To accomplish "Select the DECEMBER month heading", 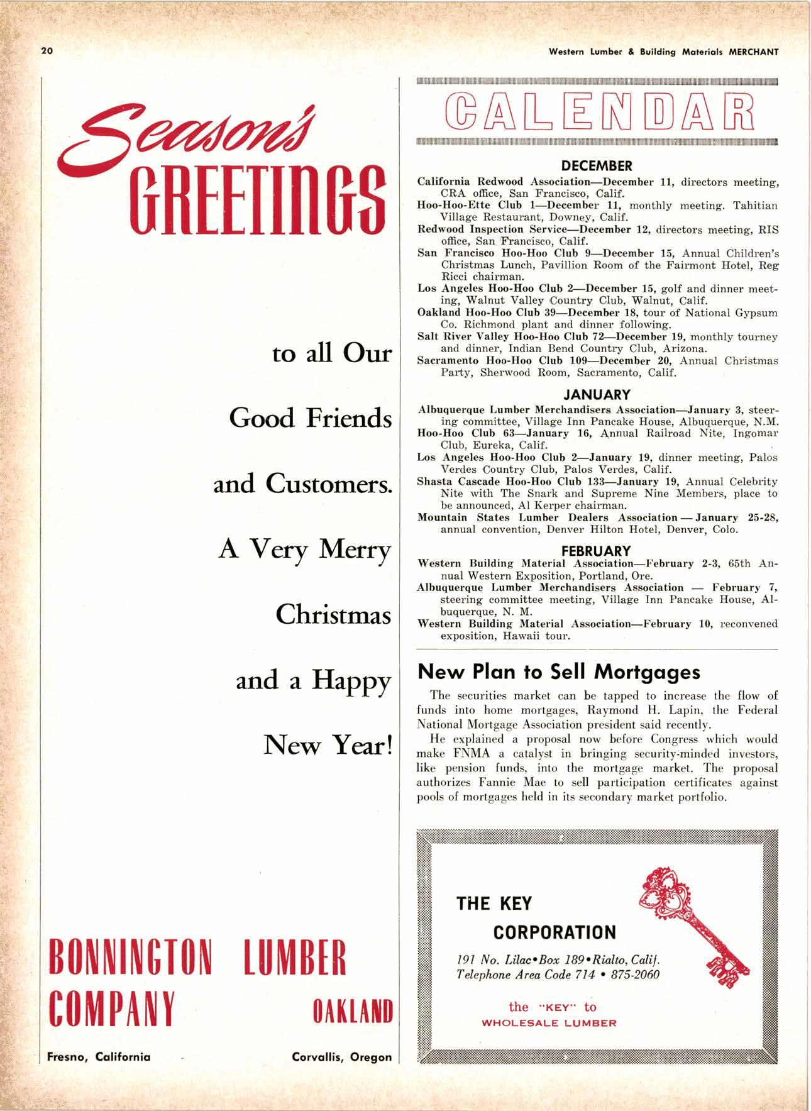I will (597, 167).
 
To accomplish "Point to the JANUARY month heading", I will (597, 395).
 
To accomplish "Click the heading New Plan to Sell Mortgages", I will (559, 672).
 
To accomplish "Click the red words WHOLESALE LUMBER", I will (549, 1023).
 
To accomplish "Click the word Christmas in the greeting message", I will (333, 614).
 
